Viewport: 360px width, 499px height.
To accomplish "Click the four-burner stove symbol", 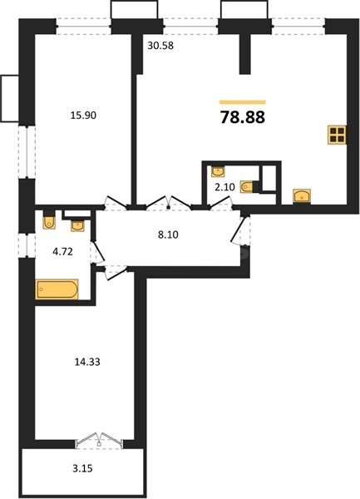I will pos(337,136).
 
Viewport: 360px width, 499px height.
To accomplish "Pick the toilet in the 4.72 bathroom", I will pos(49,220).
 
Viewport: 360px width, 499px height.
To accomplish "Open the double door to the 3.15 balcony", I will pos(98,439).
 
